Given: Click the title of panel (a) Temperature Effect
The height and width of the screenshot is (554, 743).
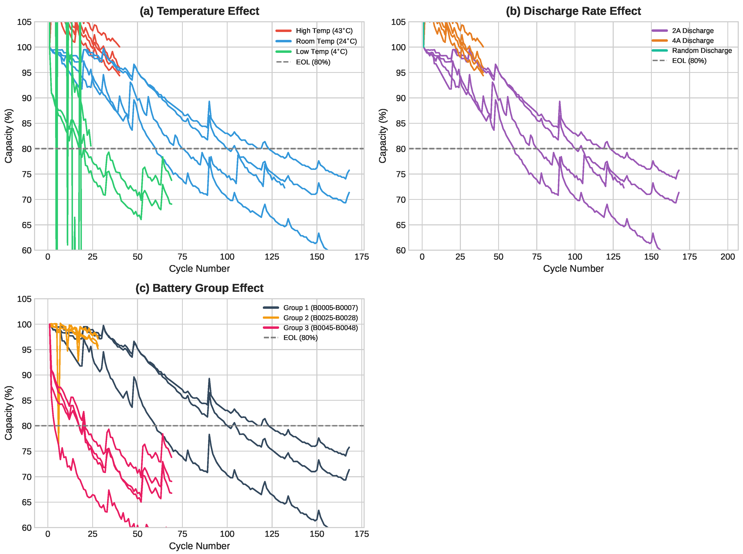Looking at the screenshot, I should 199,11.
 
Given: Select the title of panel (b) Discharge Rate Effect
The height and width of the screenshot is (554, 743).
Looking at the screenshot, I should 573,11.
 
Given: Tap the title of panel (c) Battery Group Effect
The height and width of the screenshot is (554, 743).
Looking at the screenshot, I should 199,288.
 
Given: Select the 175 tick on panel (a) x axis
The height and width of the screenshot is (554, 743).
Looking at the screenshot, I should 361,257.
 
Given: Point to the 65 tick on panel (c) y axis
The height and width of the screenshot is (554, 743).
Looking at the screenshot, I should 27,502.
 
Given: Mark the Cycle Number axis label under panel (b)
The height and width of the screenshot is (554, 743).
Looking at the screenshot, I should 573,269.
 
